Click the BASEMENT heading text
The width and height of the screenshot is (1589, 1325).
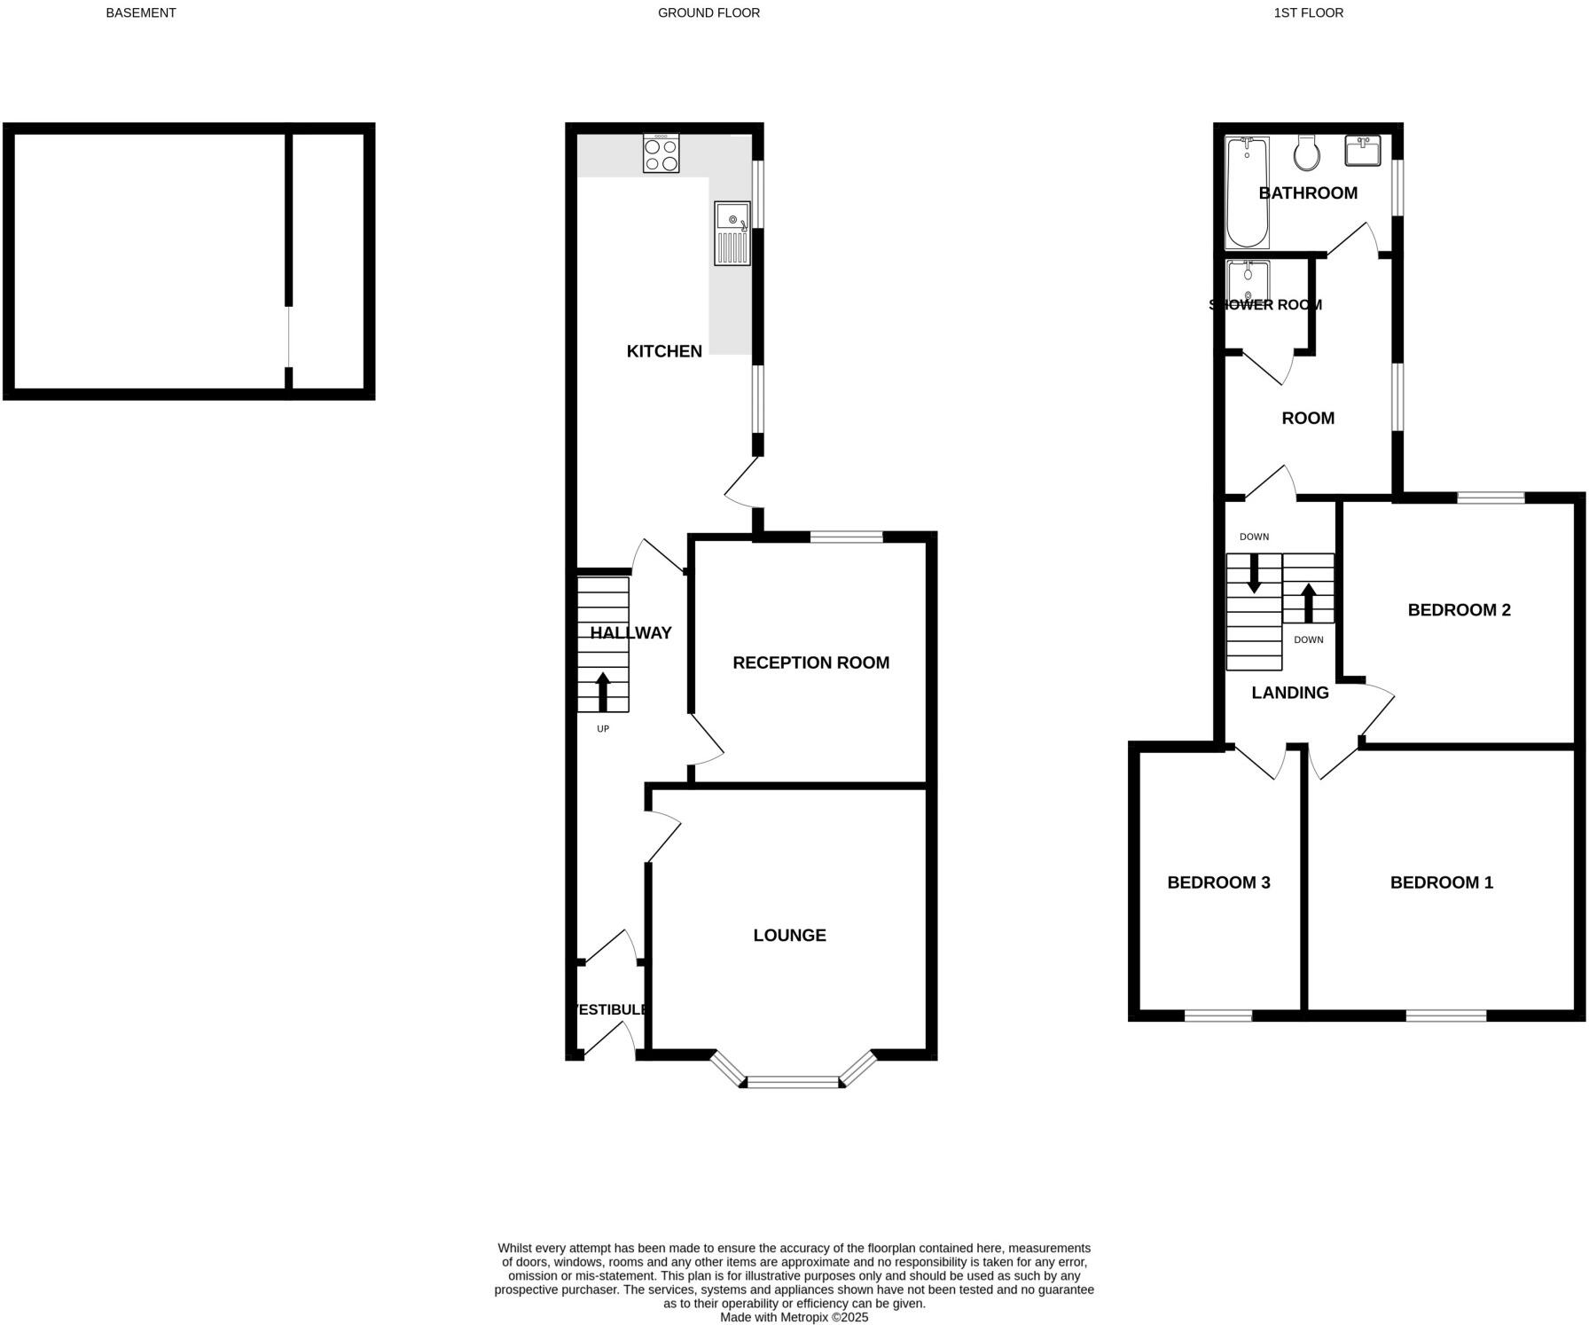141,13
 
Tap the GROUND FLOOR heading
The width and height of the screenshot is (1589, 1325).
708,13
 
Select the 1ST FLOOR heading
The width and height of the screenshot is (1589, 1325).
1308,13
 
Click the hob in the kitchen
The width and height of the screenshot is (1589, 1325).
661,153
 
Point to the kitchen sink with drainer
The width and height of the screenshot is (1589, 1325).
732,233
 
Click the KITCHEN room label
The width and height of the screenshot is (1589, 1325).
664,351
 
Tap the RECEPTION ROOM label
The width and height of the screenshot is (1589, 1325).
810,662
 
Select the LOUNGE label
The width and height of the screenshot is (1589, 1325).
789,935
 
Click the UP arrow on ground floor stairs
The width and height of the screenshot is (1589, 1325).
603,692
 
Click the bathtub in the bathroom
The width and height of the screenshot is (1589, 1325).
1247,192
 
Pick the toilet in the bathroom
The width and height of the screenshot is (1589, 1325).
1306,153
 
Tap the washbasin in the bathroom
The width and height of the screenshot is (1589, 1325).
1362,151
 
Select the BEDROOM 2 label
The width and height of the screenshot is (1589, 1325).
1459,609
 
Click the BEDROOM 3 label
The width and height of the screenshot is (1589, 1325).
1218,882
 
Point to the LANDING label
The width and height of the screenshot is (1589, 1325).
1289,693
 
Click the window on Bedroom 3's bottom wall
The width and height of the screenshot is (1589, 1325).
1218,1015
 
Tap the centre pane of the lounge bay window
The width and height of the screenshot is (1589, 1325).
793,1082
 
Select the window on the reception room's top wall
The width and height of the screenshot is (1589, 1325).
846,537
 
